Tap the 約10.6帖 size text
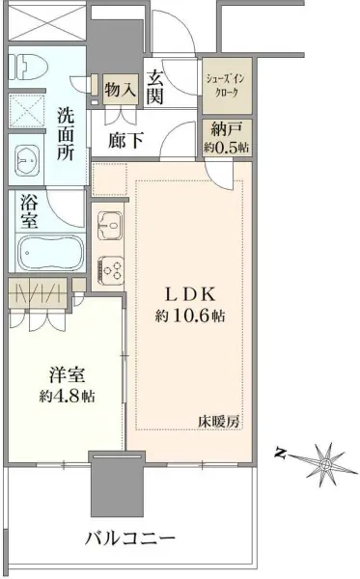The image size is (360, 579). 191,316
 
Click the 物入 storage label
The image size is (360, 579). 120,90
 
